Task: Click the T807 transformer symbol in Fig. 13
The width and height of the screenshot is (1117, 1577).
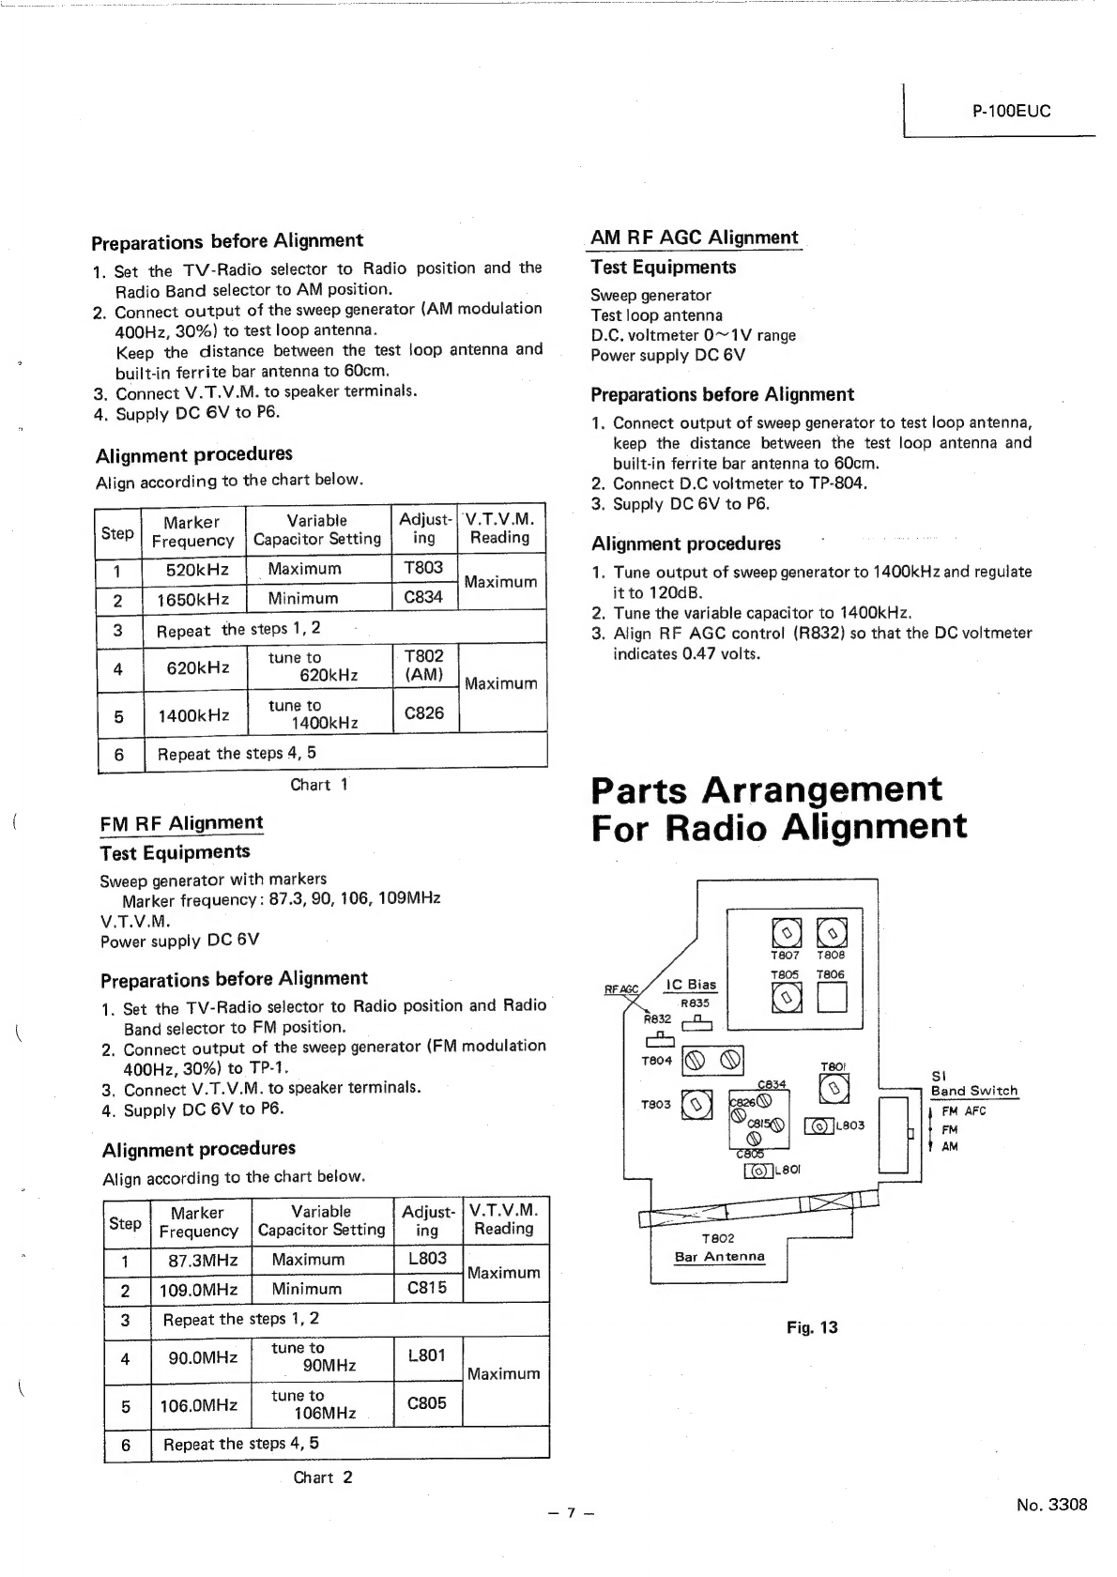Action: click(786, 931)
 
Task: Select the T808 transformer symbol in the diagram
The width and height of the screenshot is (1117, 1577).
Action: click(832, 931)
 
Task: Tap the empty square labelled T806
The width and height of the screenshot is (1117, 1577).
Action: click(832, 999)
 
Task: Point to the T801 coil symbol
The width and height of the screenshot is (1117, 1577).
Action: click(834, 1088)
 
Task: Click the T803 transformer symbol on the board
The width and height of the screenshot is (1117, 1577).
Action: click(696, 1105)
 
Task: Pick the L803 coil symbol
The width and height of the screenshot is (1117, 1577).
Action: click(819, 1125)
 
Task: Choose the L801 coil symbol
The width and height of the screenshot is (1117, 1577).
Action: click(757, 1170)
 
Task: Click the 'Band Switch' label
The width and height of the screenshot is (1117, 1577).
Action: click(973, 1091)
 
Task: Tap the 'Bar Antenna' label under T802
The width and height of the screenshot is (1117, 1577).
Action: click(719, 1256)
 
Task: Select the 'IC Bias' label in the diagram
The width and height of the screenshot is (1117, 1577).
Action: click(690, 985)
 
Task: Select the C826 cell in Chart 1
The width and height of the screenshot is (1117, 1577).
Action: click(423, 713)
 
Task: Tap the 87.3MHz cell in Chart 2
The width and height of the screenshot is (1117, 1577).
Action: click(198, 1260)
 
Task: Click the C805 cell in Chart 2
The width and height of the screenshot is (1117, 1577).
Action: click(427, 1403)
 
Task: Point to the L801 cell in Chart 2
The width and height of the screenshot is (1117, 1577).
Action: click(427, 1355)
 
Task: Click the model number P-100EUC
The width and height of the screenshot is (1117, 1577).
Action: click(1011, 111)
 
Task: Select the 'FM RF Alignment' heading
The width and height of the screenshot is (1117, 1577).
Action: click(181, 823)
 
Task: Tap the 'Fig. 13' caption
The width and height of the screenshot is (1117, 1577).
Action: click(812, 1327)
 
